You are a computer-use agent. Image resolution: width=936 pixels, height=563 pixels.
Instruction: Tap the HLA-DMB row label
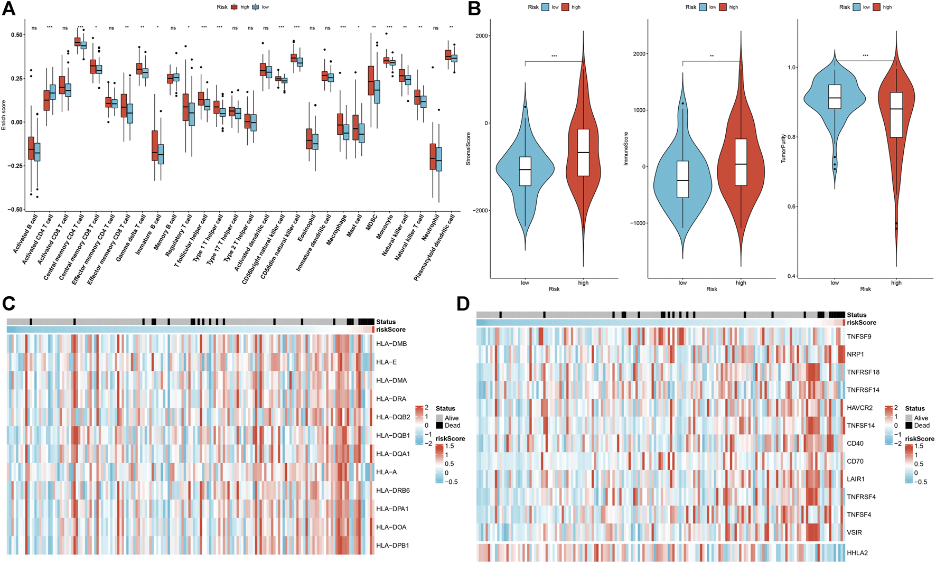point(391,344)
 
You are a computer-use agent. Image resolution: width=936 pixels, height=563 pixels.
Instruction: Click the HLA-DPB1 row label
point(392,545)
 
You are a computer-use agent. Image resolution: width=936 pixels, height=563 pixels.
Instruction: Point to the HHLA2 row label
point(857,553)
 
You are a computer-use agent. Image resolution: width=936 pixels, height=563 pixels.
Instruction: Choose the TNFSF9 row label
point(859,336)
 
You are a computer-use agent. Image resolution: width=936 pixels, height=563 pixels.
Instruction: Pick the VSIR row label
point(855,533)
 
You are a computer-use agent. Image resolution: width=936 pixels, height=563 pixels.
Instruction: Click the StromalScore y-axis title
point(469,149)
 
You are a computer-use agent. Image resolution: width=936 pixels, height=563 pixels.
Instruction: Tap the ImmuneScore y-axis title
point(626,149)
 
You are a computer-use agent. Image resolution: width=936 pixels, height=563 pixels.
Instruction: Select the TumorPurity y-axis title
point(783,148)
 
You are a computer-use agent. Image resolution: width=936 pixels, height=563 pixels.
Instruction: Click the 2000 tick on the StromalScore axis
point(481,36)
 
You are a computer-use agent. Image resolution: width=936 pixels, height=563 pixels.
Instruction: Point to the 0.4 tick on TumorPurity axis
point(792,276)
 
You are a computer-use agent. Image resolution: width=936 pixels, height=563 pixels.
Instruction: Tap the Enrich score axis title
point(4,115)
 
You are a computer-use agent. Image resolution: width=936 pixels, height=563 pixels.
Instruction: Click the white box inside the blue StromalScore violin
point(525,171)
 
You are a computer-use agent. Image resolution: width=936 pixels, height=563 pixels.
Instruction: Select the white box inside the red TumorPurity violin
point(896,115)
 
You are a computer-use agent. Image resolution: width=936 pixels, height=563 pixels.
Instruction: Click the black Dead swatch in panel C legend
point(439,425)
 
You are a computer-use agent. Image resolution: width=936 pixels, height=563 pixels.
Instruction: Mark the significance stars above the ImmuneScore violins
point(712,56)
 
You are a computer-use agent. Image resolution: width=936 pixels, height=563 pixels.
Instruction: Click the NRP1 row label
point(855,354)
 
